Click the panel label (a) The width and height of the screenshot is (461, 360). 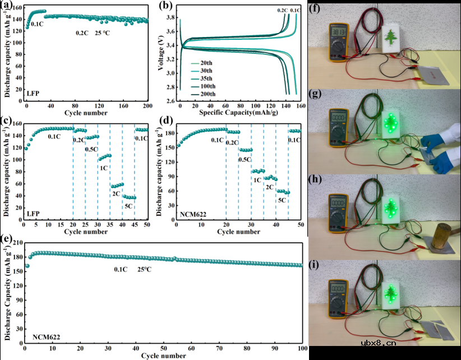(7, 7)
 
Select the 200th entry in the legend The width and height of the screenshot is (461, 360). (207, 94)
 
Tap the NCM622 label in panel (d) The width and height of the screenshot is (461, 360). (193, 214)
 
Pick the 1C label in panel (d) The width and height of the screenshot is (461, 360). (259, 180)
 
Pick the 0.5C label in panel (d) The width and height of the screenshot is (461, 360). (245, 160)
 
